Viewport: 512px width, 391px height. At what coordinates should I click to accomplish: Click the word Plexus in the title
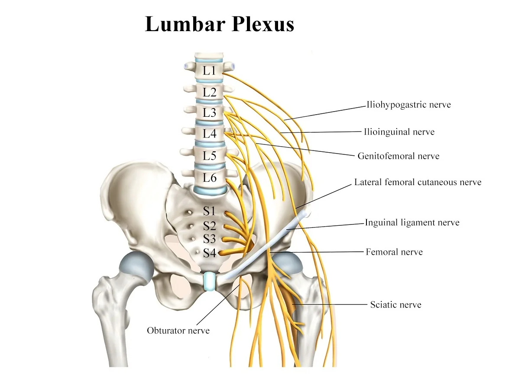[x=262, y=24]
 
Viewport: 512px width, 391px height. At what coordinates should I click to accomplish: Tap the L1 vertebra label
[x=209, y=71]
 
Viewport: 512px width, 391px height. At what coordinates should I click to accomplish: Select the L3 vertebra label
[x=209, y=112]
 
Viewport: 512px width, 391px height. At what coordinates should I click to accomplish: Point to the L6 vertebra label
[x=209, y=178]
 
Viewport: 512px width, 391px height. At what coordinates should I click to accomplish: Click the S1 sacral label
[x=209, y=212]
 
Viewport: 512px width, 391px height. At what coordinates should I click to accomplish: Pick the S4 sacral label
[x=209, y=253]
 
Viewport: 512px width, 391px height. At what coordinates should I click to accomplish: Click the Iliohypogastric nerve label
[x=408, y=105]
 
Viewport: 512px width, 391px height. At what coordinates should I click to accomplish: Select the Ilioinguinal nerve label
[x=399, y=132]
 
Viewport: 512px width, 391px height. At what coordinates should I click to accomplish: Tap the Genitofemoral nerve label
[x=399, y=156]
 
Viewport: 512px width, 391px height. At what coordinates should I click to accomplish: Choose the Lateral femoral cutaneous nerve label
[x=418, y=182]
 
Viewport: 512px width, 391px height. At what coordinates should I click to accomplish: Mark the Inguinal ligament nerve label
[x=412, y=222]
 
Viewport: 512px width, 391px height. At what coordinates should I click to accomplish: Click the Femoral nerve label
[x=394, y=252]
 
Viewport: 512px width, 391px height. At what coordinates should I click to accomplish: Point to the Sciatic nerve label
[x=396, y=304]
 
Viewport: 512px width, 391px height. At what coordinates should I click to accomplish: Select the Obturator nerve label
[x=178, y=330]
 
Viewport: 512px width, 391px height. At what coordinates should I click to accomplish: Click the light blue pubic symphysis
[x=209, y=282]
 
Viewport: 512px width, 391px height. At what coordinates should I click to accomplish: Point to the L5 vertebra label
[x=209, y=156]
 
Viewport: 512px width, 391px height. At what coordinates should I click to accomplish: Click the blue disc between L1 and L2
[x=209, y=81]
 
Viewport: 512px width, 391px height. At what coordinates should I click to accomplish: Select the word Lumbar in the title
[x=185, y=24]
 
